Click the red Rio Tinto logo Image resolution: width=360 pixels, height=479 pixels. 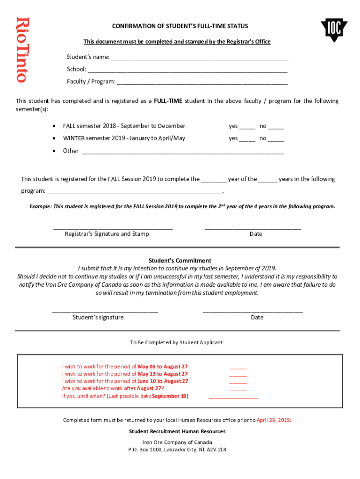click(x=22, y=50)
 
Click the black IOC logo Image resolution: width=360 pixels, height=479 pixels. click(x=334, y=30)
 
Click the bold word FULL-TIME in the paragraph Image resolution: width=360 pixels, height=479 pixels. click(x=169, y=101)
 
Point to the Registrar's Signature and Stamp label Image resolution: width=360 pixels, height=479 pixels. click(x=107, y=234)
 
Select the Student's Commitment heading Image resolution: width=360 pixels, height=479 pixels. click(x=180, y=261)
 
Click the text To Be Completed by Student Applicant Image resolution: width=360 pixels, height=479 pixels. click(x=177, y=342)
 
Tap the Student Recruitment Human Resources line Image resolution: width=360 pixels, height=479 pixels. click(x=177, y=431)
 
